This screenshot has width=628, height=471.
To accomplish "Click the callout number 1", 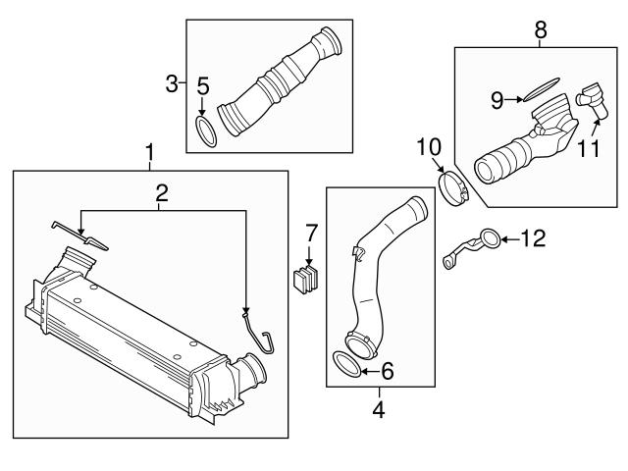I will [149, 153].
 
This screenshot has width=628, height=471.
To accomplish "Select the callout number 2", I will [162, 193].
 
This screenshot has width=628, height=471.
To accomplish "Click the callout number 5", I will [202, 85].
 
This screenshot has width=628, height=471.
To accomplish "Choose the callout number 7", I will [311, 235].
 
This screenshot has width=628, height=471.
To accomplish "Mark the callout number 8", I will [540, 31].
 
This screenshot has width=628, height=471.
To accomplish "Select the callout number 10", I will [429, 147].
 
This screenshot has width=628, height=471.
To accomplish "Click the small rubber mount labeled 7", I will [308, 279].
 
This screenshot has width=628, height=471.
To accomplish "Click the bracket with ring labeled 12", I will [471, 243].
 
